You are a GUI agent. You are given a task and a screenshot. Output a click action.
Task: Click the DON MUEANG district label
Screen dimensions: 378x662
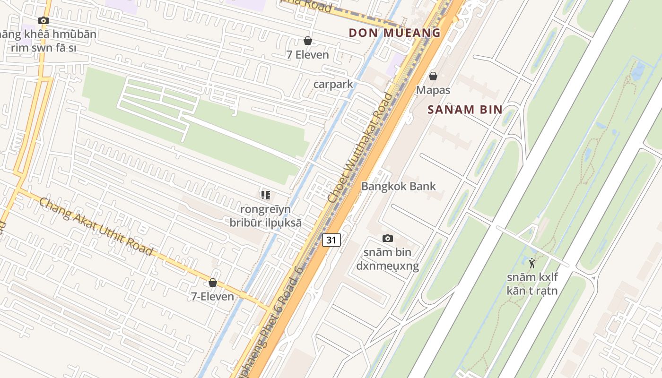[394, 33]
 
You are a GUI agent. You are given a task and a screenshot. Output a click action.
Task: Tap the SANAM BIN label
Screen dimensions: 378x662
[465, 110]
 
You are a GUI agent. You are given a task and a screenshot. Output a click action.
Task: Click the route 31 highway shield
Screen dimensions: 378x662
[331, 240]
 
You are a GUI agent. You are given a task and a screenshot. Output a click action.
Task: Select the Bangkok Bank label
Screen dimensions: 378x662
[398, 186]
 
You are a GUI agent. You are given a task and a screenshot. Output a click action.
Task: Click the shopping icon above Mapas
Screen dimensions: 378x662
[433, 76]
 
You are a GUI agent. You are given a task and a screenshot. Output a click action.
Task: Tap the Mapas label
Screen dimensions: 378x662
[433, 90]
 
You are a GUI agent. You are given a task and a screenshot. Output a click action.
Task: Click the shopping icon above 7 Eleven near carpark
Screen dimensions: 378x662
[308, 41]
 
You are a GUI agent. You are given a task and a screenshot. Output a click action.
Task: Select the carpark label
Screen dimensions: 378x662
[333, 84]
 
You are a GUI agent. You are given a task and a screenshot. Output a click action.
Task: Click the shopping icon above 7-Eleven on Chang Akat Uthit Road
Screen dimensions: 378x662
[213, 283]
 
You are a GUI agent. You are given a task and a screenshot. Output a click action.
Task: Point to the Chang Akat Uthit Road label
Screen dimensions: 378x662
[96, 226]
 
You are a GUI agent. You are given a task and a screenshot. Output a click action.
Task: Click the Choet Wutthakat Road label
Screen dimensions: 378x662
[360, 148]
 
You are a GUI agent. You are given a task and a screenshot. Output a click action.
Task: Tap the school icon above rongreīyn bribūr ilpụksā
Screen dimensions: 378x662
[265, 195]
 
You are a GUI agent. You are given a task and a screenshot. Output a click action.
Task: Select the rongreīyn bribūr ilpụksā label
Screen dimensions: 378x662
[265, 216]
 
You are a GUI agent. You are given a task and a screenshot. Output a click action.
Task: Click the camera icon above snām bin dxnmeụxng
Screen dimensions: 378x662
[387, 238]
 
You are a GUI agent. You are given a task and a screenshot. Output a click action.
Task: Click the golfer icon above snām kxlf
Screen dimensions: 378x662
[532, 263]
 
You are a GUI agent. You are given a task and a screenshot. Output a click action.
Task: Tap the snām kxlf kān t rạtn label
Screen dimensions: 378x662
[532, 284]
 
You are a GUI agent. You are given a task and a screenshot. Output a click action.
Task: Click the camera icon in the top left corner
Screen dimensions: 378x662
[44, 20]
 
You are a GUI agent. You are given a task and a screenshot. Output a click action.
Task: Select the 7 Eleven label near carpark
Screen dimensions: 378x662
[308, 55]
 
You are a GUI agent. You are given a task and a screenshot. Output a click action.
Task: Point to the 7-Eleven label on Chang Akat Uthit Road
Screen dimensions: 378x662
[213, 297]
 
